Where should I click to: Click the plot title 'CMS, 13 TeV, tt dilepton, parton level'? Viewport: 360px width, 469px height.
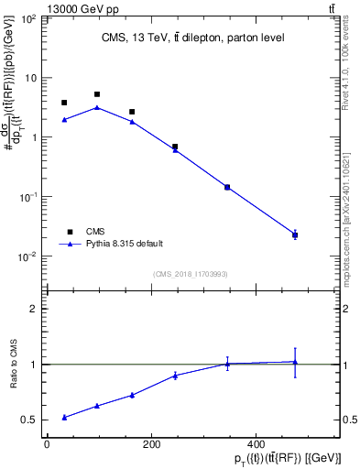click(x=191, y=38)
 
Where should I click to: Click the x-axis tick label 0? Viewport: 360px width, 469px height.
click(x=47, y=444)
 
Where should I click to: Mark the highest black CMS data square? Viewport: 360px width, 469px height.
click(x=97, y=94)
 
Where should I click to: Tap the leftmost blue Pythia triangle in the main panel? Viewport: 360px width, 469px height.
click(x=64, y=120)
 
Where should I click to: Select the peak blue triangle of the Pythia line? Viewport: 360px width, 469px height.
click(x=97, y=107)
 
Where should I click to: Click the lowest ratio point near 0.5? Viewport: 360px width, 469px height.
click(x=64, y=418)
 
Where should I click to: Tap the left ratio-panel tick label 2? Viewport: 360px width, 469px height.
click(x=33, y=309)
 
